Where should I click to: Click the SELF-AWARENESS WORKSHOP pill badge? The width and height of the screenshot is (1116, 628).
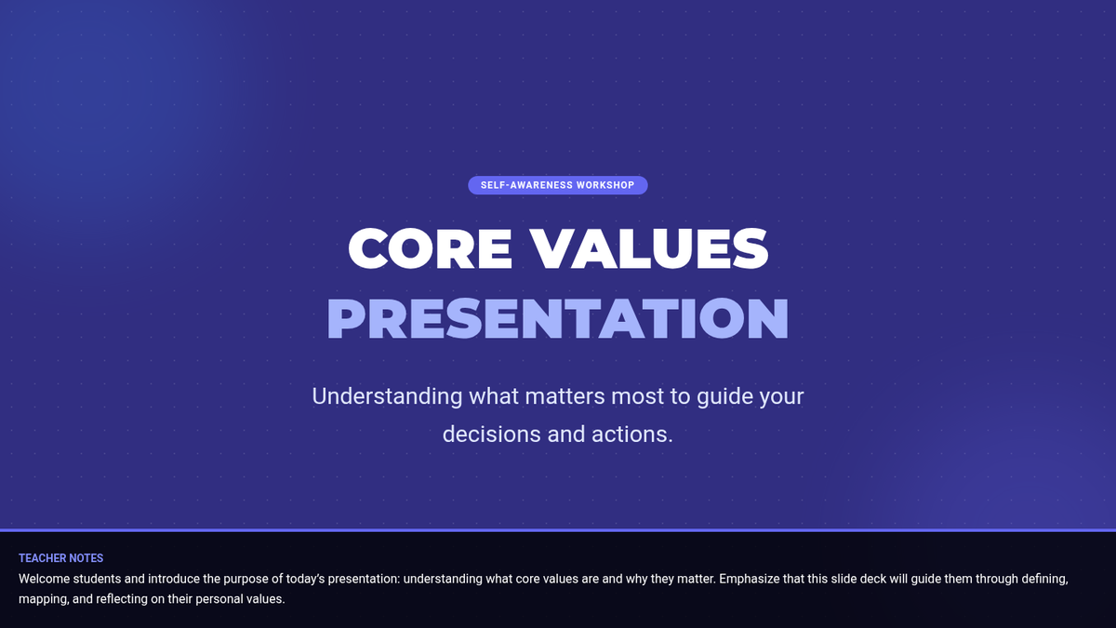pos(557,185)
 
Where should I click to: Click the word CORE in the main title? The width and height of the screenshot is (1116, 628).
pos(430,248)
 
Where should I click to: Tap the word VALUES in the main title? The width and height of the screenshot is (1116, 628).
pos(649,248)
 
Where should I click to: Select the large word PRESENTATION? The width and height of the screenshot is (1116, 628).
pos(557,318)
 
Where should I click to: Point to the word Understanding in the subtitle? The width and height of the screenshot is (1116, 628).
pos(387,396)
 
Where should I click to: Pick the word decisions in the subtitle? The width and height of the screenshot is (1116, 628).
pos(491,434)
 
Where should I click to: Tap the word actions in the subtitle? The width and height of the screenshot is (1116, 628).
pos(632,434)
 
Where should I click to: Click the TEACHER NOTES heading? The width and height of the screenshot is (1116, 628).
pos(60,558)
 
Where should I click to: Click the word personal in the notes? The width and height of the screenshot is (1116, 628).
pos(217,599)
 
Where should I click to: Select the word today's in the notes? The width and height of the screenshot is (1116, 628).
pos(305,579)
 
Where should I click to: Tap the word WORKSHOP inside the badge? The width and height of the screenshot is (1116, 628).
pos(605,185)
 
